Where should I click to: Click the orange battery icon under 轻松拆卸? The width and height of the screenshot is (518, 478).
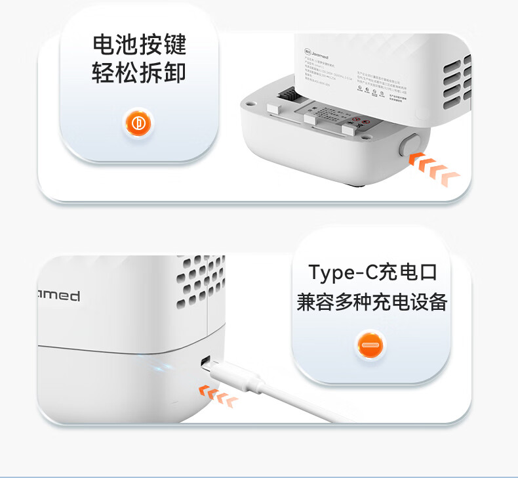(x=138, y=123)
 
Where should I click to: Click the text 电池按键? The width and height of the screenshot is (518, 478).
(x=138, y=45)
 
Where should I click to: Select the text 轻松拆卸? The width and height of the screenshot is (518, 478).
(x=138, y=73)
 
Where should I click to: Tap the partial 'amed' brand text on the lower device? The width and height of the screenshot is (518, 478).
(x=59, y=295)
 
